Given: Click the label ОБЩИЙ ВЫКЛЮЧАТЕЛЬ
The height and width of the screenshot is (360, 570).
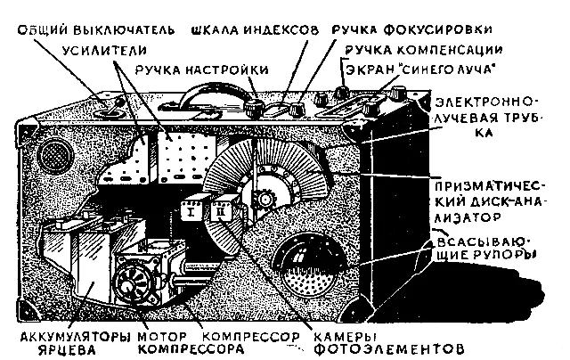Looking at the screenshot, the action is pos(96,30).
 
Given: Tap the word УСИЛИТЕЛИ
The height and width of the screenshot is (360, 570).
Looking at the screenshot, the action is pos(105,50).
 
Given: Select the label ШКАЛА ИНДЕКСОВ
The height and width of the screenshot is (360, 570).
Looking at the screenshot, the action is pos(256,29).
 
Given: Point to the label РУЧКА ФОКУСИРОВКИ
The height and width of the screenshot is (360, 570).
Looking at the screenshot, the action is pos(411,29).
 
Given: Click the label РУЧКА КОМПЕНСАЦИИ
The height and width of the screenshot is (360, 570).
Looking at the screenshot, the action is pos(424,49).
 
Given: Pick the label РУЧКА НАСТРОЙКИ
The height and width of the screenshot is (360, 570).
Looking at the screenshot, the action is pos(202,70).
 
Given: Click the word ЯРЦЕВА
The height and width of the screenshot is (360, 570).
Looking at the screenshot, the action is pos(67,350).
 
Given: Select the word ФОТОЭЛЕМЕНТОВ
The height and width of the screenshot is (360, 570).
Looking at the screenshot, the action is pos(389,349).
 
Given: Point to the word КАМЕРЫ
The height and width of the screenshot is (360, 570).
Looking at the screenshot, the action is pos(345,337).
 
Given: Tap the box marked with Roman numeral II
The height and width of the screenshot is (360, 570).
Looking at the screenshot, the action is pos(223,210).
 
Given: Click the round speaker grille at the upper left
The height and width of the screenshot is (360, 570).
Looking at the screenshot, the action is pos(55,157).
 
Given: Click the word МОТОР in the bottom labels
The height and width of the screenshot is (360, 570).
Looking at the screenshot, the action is pos(162,337).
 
